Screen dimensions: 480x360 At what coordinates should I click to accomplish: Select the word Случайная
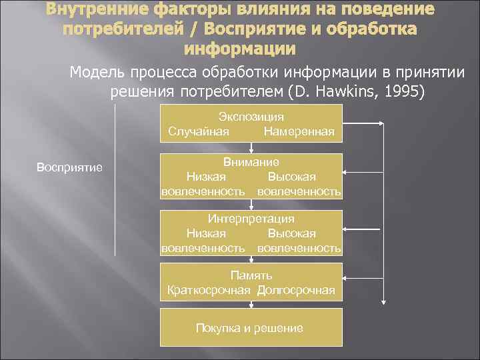199,131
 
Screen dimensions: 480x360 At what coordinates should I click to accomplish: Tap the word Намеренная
299,131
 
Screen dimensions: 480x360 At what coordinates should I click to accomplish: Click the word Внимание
251,162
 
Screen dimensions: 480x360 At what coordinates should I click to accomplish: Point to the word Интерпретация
251,219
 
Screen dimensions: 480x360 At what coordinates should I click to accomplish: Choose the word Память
251,275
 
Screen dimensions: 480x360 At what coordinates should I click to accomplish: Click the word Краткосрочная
209,290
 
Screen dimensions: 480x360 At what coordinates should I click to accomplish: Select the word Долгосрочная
295,290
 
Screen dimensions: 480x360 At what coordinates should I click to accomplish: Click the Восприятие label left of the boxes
69,167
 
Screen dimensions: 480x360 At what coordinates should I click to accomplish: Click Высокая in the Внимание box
291,177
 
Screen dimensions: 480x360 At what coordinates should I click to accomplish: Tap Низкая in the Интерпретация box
206,233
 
